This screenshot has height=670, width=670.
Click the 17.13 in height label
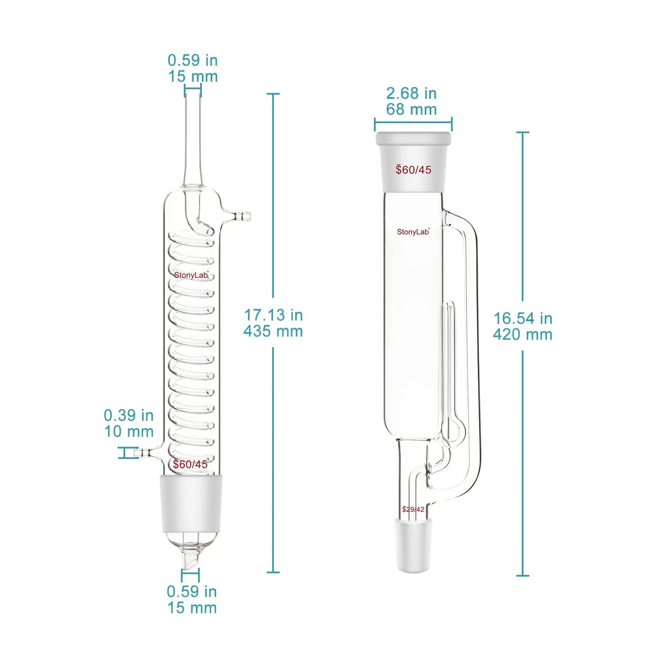(273, 315)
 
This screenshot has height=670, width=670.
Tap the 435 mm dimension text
(273, 331)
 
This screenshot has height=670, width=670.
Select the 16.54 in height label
(523, 318)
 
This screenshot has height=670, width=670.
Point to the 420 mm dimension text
(523, 335)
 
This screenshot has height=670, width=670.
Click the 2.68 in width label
(411, 93)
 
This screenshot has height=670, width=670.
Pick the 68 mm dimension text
(411, 109)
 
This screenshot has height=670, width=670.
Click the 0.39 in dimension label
(129, 415)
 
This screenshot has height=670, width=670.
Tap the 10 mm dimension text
(129, 431)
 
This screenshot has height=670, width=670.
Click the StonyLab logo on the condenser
(191, 275)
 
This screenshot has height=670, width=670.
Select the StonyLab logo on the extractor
(413, 232)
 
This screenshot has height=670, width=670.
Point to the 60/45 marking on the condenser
(191, 464)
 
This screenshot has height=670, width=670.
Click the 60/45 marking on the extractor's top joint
(413, 170)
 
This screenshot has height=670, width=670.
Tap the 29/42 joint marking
(413, 509)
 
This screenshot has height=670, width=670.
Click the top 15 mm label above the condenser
(193, 76)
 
